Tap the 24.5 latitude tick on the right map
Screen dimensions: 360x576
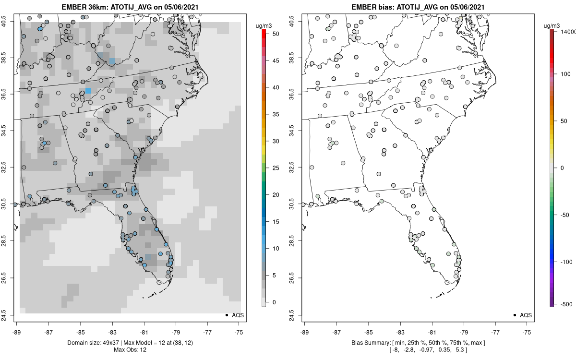coord(297,315)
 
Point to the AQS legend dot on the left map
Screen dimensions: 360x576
coord(226,315)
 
